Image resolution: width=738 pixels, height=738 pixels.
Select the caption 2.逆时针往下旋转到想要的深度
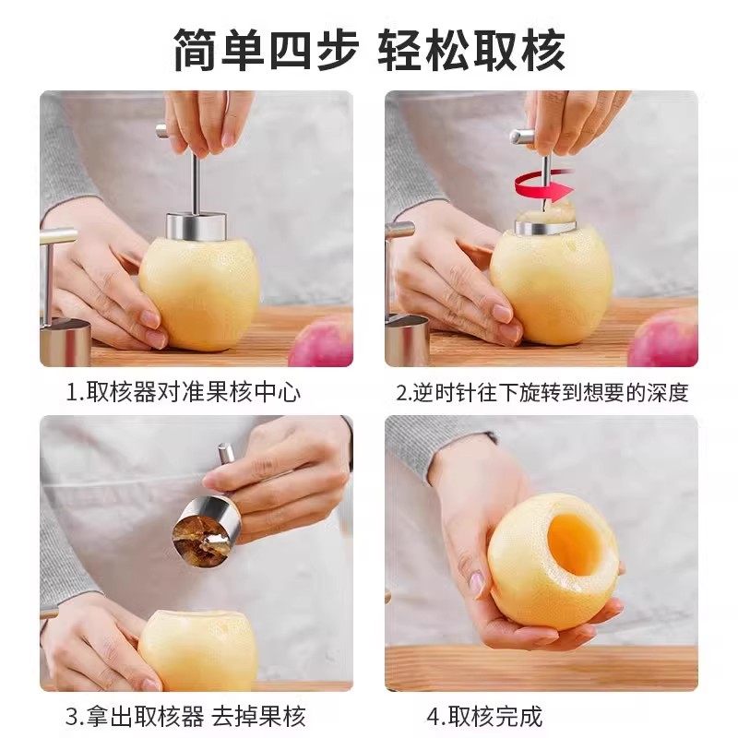pos(542,392)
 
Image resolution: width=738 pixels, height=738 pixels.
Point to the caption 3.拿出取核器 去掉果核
pos(184,715)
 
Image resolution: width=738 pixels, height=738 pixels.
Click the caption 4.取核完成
pos(483,715)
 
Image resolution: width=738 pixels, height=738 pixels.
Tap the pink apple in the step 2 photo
pos(664,339)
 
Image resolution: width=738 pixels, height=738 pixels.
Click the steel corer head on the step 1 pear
pos(196,225)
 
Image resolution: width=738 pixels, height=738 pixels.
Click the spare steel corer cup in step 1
pos(65,341)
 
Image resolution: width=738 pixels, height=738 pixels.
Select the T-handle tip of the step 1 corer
pos(162,131)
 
